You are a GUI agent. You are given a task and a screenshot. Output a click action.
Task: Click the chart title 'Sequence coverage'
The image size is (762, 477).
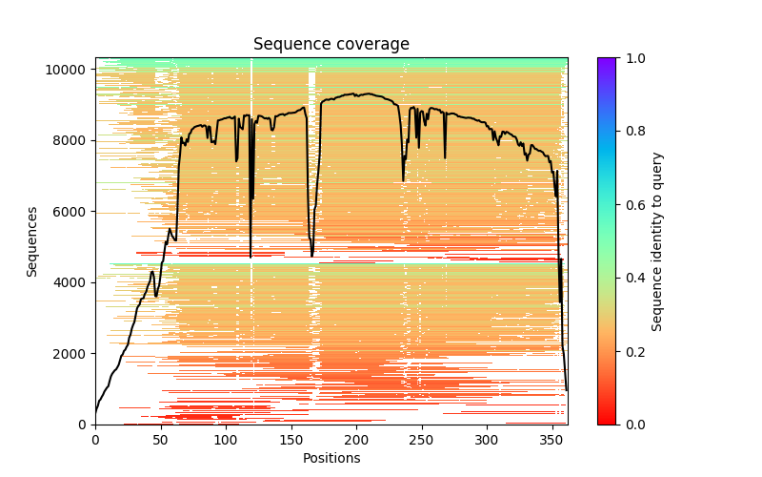tap(331, 45)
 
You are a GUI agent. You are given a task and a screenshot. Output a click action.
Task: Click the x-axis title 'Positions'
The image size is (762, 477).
tap(331, 458)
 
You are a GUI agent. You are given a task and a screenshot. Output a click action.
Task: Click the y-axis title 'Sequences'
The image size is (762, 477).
tap(32, 241)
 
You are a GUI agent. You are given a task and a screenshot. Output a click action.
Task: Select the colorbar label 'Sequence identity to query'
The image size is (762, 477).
tap(657, 241)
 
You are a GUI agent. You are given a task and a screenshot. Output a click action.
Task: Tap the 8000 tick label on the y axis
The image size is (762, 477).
tap(75, 140)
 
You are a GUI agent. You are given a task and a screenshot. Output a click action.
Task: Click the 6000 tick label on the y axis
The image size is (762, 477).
tap(75, 212)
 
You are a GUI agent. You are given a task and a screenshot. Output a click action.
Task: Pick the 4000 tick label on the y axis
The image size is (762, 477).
tap(75, 282)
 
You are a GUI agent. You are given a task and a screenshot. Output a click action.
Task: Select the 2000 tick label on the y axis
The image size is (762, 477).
tap(75, 354)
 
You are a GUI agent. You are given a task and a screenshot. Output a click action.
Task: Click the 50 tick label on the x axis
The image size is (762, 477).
tap(160, 440)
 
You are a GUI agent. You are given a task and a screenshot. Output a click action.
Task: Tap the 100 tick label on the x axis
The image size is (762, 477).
tap(226, 440)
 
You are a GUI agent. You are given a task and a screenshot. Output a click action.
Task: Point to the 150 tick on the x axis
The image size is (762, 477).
tap(291, 440)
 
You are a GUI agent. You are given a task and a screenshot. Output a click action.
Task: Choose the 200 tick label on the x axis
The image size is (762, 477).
tap(356, 440)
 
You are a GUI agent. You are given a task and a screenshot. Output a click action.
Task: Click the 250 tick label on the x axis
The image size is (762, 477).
tap(422, 440)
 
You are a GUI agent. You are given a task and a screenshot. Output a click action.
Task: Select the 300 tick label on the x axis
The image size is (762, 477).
tap(487, 440)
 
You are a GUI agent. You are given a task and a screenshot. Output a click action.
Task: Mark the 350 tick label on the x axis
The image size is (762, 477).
tap(552, 440)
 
